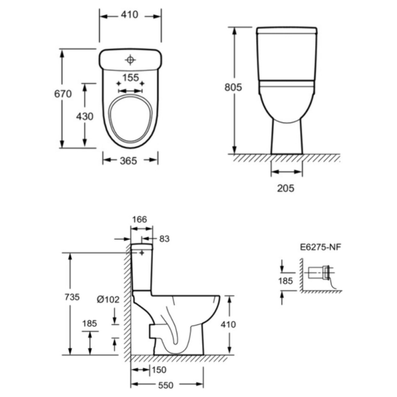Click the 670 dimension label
click(63, 94)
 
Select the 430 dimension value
click(85, 117)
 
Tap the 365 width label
click(128, 161)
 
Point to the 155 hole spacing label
click(131, 78)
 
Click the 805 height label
click(233, 87)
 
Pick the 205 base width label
click(286, 188)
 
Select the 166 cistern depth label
click(139, 219)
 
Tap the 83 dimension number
click(164, 239)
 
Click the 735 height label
click(72, 297)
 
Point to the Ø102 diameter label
click(108, 300)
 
